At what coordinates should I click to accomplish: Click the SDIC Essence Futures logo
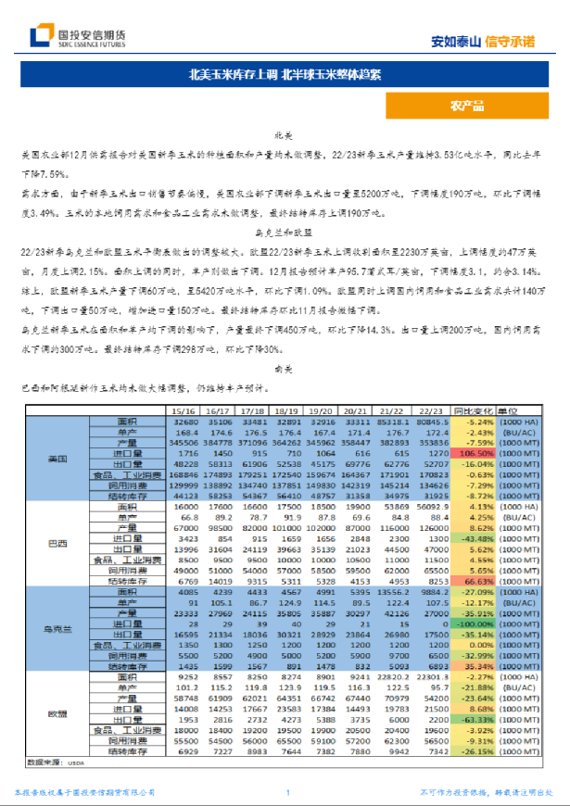[78, 37]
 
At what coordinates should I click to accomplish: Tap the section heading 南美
[284, 368]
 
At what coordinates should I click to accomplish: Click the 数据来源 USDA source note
[51, 762]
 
